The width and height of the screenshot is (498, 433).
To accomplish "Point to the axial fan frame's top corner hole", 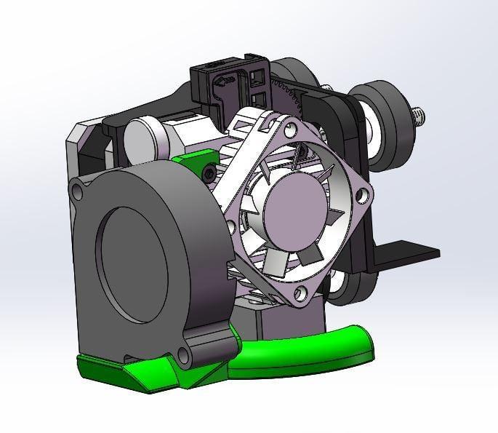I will coord(291,131).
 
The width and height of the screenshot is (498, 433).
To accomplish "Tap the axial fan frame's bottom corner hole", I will coord(298,294).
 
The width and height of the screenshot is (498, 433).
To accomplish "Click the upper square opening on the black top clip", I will coord(257,76).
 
